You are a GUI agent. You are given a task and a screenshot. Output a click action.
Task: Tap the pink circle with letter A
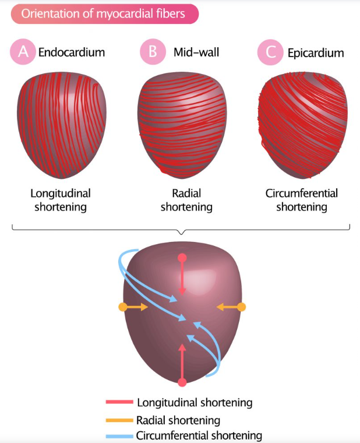(23, 52)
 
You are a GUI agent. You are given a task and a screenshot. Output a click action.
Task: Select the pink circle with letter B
(152, 52)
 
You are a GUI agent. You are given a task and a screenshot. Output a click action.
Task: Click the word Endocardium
(72, 52)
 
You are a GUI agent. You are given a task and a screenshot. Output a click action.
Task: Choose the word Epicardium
(316, 53)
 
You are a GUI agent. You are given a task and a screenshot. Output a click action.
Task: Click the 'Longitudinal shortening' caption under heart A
(61, 200)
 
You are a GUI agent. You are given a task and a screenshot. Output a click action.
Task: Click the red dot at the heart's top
(182, 257)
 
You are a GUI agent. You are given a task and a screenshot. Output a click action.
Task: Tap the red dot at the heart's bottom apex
(182, 382)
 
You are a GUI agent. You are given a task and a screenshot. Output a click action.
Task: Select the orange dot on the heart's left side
(122, 307)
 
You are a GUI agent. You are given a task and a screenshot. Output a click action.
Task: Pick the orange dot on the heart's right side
(242, 307)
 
